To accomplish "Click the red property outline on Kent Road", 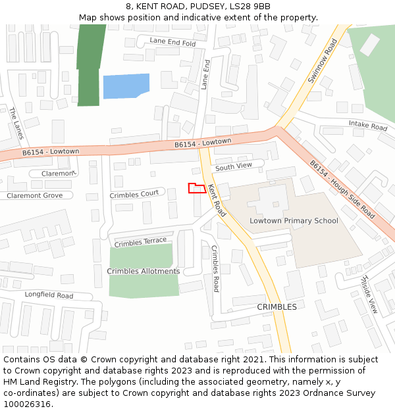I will point(197,188).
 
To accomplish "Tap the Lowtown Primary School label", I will point(294,221).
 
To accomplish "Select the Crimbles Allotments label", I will point(144,271).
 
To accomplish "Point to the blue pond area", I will point(124,86).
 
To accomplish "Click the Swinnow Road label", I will point(322,60).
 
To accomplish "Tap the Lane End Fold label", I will point(172,41).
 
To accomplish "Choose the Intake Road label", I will point(368,125).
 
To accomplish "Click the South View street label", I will point(234,167).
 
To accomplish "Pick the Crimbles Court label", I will point(134,194).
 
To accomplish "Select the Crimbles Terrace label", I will point(140,242).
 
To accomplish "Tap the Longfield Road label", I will point(49,295).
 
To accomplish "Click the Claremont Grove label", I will point(35,195).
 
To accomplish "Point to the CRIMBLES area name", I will point(276,307).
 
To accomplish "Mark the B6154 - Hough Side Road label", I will point(342,191).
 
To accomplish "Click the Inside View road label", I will point(369,295).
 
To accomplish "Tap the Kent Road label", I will point(217,201).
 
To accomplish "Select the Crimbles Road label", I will point(215,268).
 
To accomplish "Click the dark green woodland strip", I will point(88,65).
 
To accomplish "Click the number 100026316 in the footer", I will point(28,404).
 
